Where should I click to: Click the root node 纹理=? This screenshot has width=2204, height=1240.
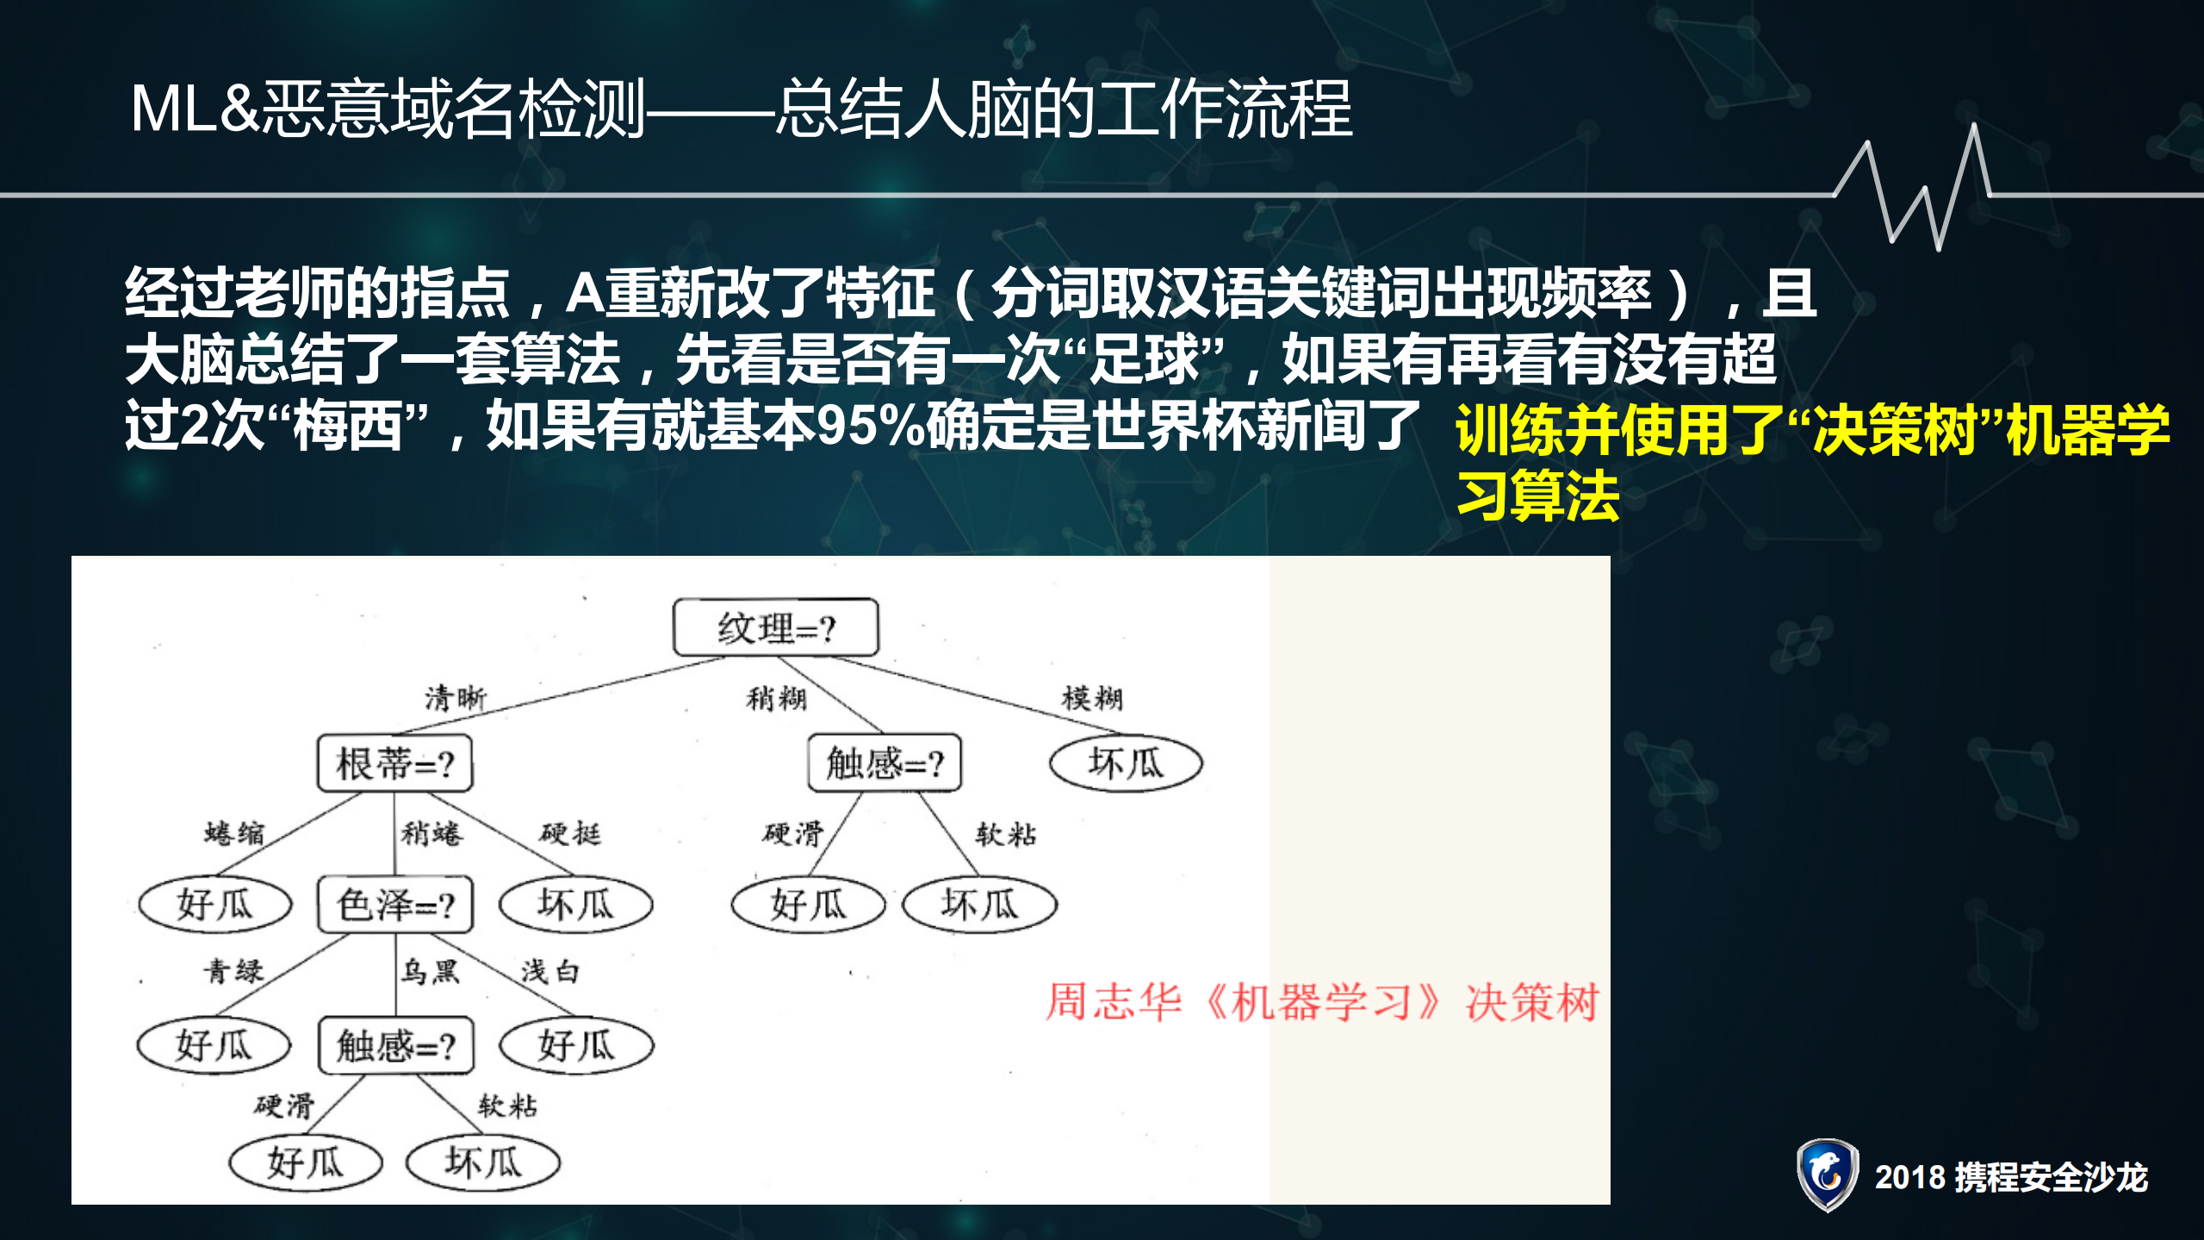pyautogui.click(x=775, y=627)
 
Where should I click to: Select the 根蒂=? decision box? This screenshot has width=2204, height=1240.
pyautogui.click(x=394, y=763)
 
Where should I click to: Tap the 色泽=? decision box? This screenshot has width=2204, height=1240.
pyautogui.click(x=394, y=905)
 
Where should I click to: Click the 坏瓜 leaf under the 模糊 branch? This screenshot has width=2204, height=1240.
pyautogui.click(x=1126, y=763)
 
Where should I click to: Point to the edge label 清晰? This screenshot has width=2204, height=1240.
pyautogui.click(x=455, y=697)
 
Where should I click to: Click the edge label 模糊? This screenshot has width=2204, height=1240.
pyautogui.click(x=1092, y=697)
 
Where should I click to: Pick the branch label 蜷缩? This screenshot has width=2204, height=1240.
pyautogui.click(x=234, y=832)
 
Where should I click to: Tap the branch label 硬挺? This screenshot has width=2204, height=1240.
pyautogui.click(x=570, y=832)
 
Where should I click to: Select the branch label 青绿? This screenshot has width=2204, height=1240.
pyautogui.click(x=233, y=971)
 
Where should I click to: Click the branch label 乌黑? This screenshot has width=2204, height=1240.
pyautogui.click(x=430, y=971)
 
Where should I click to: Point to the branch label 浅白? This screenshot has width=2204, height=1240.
pyautogui.click(x=549, y=971)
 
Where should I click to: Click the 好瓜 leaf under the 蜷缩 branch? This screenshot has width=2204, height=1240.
pyautogui.click(x=215, y=905)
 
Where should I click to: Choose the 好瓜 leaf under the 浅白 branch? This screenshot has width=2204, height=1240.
pyautogui.click(x=576, y=1046)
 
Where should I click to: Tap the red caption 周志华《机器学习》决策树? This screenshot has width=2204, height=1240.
pyautogui.click(x=1322, y=1002)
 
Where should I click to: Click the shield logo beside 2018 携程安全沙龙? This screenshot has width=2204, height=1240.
pyautogui.click(x=1827, y=1175)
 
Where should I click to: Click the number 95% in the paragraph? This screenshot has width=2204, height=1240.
pyautogui.click(x=870, y=426)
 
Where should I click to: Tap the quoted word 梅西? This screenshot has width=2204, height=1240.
pyautogui.click(x=348, y=426)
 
